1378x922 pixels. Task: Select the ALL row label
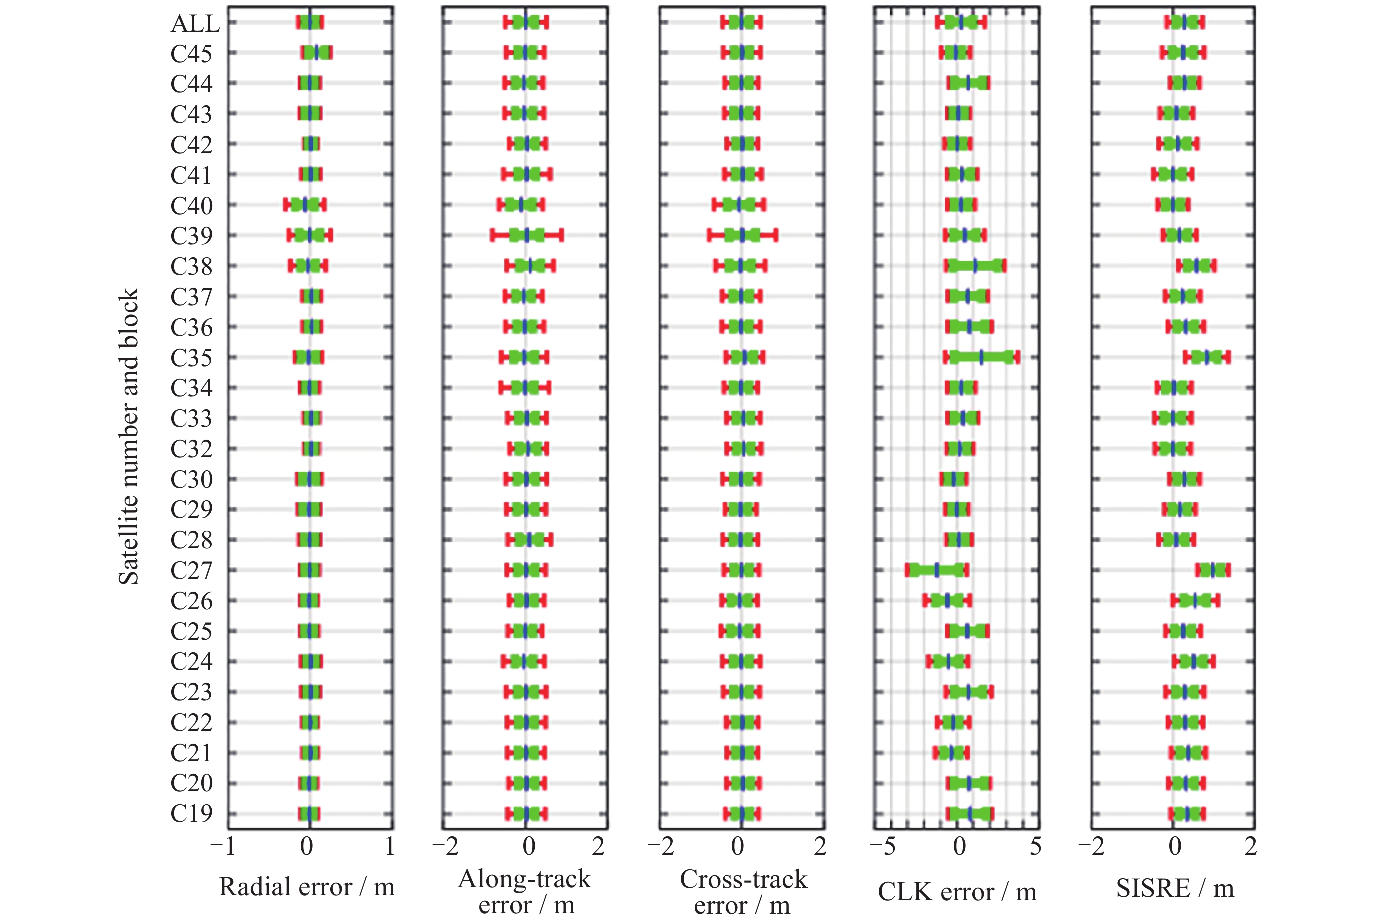click(195, 23)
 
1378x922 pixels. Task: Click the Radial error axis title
click(306, 887)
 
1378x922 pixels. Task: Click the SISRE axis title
click(1175, 888)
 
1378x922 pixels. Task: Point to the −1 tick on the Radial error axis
click(223, 847)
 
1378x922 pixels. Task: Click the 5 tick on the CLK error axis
click(1035, 847)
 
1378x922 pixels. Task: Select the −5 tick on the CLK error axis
click(882, 847)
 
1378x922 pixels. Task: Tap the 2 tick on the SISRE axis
click(1250, 847)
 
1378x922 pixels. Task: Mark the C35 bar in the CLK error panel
click(981, 357)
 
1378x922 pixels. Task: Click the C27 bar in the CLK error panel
click(936, 570)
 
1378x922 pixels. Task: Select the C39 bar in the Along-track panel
click(527, 236)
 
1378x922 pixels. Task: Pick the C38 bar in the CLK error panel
click(975, 266)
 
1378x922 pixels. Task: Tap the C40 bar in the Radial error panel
click(305, 205)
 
